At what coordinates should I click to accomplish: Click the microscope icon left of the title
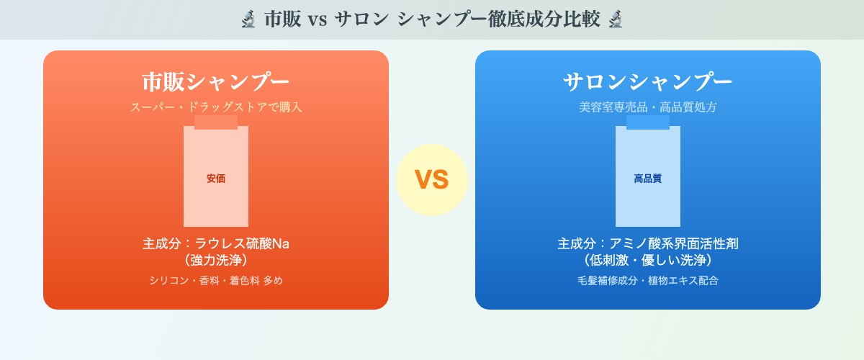(248, 19)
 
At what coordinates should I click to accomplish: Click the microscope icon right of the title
(616, 19)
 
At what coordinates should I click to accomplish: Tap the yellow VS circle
(432, 180)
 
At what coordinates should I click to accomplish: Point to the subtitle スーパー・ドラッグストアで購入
(216, 107)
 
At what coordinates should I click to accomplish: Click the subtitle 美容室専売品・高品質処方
(648, 107)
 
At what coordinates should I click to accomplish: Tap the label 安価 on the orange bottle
(216, 179)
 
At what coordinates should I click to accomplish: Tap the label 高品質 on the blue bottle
(648, 179)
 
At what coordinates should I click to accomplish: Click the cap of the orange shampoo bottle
(216, 122)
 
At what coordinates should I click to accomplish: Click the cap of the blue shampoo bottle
(648, 122)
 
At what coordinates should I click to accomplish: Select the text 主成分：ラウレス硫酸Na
(216, 243)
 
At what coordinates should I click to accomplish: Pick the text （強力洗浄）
(216, 260)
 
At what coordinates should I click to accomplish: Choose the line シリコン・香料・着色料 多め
(216, 281)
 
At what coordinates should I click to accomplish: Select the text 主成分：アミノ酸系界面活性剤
(648, 243)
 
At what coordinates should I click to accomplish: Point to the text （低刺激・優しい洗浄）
(648, 260)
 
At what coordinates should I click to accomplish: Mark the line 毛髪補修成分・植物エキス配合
(648, 281)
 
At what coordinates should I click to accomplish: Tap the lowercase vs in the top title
(318, 20)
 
